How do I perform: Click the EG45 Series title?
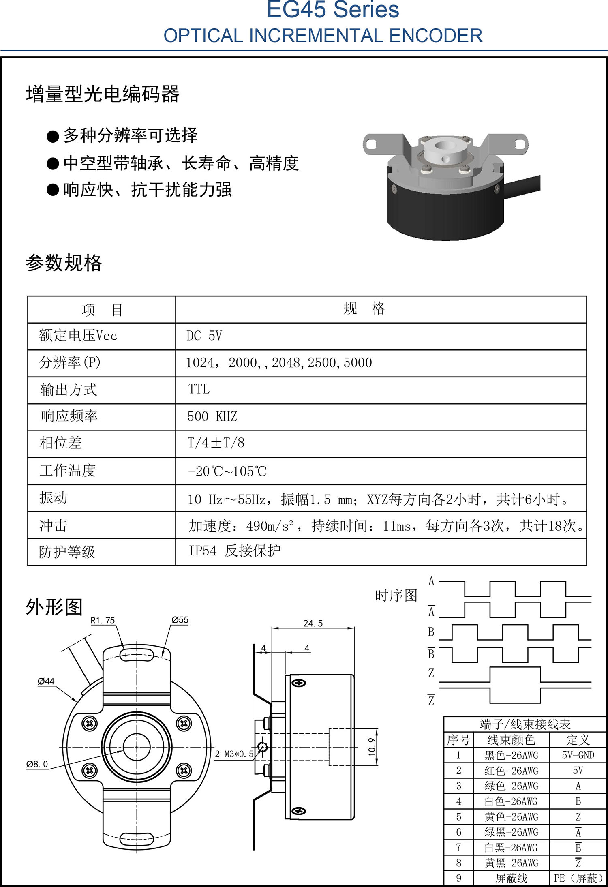coord(333,9)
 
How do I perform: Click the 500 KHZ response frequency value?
coord(212,416)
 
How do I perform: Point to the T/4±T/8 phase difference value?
coord(216,443)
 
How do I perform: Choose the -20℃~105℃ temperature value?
coord(227,471)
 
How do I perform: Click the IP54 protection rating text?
coord(202,551)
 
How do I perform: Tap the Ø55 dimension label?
coord(180,620)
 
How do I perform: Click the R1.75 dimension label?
coord(103,620)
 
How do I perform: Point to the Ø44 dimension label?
coord(46,681)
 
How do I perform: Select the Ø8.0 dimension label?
coord(37,764)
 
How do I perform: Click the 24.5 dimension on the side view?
coord(313,623)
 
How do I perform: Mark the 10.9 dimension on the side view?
coord(372,747)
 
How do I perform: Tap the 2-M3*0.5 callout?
coord(234,754)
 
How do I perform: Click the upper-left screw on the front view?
coord(90,723)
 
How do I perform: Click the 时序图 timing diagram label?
coord(396,596)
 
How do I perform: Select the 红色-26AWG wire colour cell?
coord(511,771)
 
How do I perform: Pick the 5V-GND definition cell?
coord(578,755)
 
